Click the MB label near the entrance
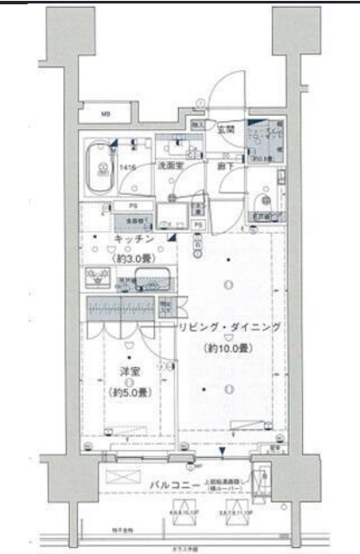tap(103, 112)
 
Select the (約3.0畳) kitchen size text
tap(132, 257)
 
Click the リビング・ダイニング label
tap(229, 328)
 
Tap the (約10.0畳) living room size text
tap(228, 348)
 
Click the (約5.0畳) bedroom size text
tap(130, 391)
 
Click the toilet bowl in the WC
tap(264, 181)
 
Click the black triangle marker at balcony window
tap(223, 452)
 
